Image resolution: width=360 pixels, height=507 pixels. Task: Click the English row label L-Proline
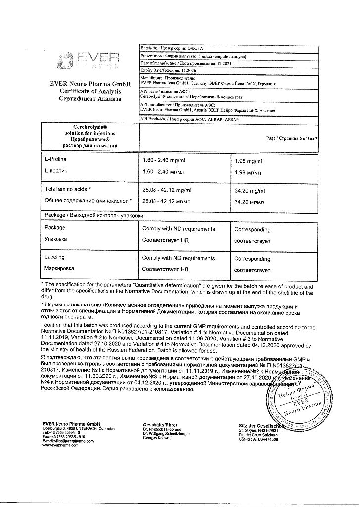pyautogui.click(x=55, y=160)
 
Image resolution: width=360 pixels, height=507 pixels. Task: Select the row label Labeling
pyautogui.click(x=54, y=258)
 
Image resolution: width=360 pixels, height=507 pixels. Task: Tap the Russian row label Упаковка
pyautogui.click(x=55, y=239)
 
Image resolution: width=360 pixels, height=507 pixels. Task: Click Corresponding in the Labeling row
pyautogui.click(x=252, y=259)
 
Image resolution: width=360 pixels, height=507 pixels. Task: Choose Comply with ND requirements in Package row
pyautogui.click(x=178, y=229)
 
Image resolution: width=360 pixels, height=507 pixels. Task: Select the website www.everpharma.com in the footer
pyautogui.click(x=60, y=446)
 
